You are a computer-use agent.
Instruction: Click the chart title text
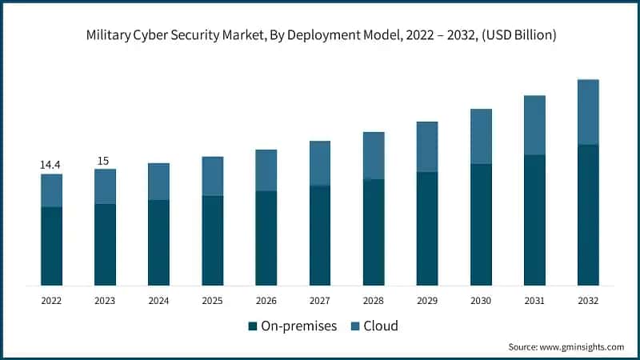[x=320, y=35]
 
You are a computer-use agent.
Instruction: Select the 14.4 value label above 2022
[x=51, y=165]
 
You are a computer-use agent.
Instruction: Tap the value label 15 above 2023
[x=104, y=161]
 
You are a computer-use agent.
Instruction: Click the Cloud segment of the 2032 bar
[x=588, y=112]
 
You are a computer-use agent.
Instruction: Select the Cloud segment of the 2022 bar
[x=51, y=190]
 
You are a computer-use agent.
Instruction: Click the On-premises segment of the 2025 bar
[x=213, y=240]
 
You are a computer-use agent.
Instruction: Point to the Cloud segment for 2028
[x=374, y=156]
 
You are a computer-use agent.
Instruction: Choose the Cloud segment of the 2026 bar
[x=266, y=170]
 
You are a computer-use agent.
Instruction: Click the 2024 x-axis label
[x=158, y=301]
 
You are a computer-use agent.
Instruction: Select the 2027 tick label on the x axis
[x=320, y=301]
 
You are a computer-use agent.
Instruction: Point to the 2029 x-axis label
[x=427, y=301]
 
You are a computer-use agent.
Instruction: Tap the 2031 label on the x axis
[x=534, y=301]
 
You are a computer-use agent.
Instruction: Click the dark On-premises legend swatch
[x=253, y=326]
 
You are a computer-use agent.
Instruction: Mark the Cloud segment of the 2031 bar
[x=534, y=125]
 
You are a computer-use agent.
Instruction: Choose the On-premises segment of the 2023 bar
[x=105, y=244]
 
